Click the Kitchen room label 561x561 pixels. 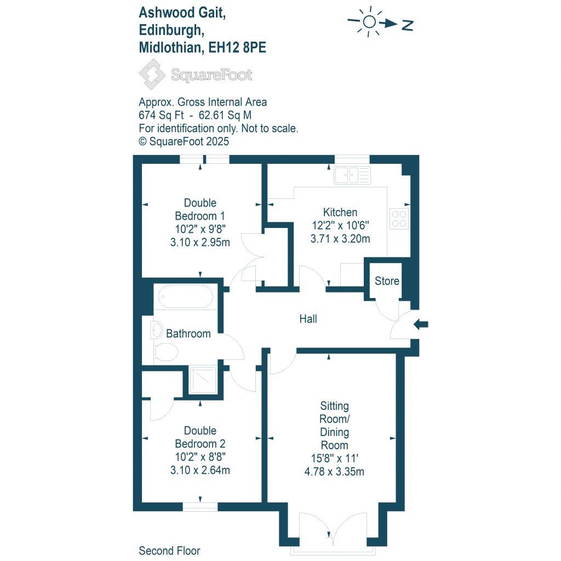coord(340,213)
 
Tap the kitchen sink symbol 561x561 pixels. coord(352,175)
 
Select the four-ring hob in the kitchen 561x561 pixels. coord(398,218)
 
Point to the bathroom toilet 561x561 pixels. coord(165,352)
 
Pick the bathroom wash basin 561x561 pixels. coord(156,330)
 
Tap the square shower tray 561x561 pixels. coord(203,380)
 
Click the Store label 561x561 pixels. coord(387,281)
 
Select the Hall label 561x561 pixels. coord(308,319)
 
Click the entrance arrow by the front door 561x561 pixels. coord(421,324)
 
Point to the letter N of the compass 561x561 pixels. coord(407,25)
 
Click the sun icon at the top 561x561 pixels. coord(370,22)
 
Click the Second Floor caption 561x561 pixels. coord(169,551)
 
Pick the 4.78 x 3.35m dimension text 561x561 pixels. coord(334,471)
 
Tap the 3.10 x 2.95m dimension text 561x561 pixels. coord(199,242)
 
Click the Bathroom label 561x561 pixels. coord(188,333)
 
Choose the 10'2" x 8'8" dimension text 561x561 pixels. coord(199,457)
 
